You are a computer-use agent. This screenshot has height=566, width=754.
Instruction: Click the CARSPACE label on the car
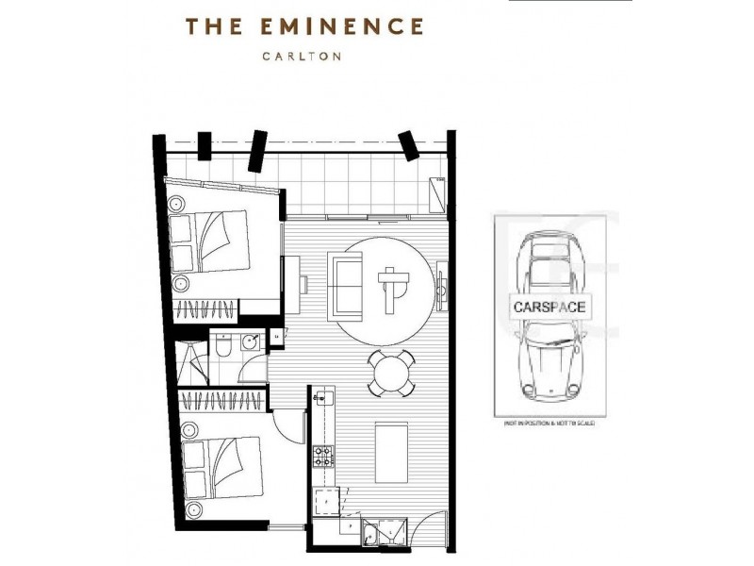[x=549, y=308]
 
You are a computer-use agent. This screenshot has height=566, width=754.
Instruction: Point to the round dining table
[x=389, y=374]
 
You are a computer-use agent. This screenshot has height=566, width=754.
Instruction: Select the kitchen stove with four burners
[x=323, y=457]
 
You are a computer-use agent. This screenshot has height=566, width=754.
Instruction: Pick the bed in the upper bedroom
[x=212, y=241]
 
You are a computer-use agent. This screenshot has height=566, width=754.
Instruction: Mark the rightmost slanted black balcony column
[x=409, y=145]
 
